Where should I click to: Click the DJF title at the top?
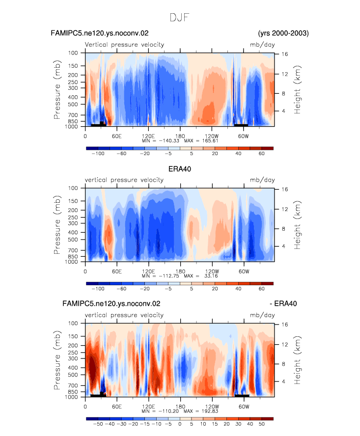click(179, 18)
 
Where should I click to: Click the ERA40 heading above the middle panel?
click(180, 169)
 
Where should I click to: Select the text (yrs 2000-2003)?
click(283, 33)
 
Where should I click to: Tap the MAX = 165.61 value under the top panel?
click(201, 141)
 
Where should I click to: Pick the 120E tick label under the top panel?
click(148, 136)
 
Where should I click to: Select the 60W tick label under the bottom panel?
click(244, 407)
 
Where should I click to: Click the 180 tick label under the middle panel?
click(180, 272)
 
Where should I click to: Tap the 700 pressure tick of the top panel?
click(73, 115)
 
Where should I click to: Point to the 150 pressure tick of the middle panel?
click(73, 201)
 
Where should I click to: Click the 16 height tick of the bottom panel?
click(284, 325)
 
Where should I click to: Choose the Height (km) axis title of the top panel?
click(298, 89)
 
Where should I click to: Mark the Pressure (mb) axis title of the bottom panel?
click(57, 360)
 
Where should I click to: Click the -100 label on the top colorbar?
click(98, 154)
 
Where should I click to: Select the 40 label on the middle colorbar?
click(238, 289)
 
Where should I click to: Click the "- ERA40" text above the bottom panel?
click(283, 303)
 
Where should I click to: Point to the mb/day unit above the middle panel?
click(262, 180)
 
